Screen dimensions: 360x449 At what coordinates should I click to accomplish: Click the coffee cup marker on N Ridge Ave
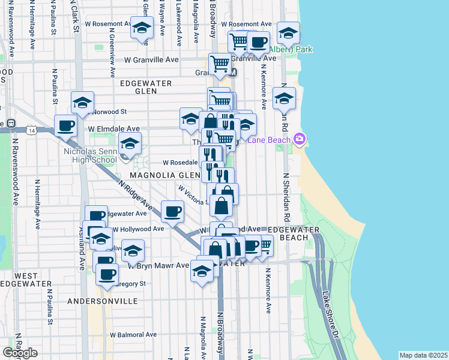click(172, 212)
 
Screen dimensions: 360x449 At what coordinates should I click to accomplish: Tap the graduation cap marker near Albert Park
click(288, 34)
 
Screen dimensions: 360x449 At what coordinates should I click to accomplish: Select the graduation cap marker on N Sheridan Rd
click(283, 98)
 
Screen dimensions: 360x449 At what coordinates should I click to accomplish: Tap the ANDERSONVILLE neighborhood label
click(98, 301)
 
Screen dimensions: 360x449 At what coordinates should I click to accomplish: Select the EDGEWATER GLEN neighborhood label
click(146, 87)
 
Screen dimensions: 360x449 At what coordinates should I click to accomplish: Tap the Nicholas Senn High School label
click(89, 156)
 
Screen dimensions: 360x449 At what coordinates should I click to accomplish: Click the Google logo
click(20, 353)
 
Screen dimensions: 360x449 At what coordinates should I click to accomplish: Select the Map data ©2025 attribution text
click(423, 355)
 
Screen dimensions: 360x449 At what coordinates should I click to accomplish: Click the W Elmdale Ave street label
click(113, 128)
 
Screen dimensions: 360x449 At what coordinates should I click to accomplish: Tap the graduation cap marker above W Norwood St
click(82, 102)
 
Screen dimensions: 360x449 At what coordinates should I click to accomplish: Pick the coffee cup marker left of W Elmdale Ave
click(65, 126)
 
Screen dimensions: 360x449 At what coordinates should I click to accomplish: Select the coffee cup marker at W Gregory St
click(107, 274)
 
